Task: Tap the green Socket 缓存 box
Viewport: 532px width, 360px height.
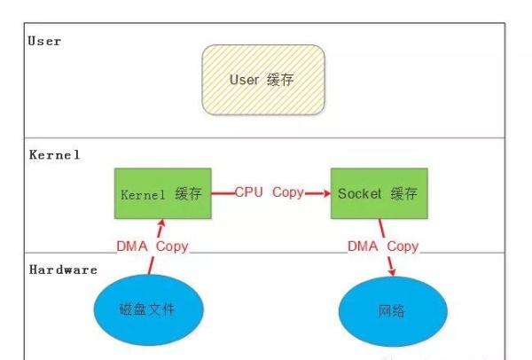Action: (x=378, y=192)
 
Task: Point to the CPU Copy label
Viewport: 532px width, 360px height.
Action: (x=270, y=192)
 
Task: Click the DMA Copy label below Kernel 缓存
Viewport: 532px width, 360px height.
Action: (x=153, y=246)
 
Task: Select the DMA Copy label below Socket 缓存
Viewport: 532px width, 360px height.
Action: (x=383, y=246)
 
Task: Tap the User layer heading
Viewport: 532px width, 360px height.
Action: (x=44, y=41)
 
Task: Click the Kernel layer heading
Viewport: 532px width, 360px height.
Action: (x=54, y=155)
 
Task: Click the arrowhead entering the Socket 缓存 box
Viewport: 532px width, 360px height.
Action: (x=324, y=192)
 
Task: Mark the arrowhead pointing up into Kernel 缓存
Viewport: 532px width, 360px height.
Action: (x=162, y=224)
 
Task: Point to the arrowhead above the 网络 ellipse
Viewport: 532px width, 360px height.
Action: (x=392, y=271)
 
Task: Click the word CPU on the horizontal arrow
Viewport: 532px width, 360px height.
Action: (x=249, y=192)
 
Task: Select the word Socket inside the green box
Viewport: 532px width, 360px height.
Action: (x=360, y=192)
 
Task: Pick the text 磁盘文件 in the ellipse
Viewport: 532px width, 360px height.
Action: (x=148, y=310)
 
